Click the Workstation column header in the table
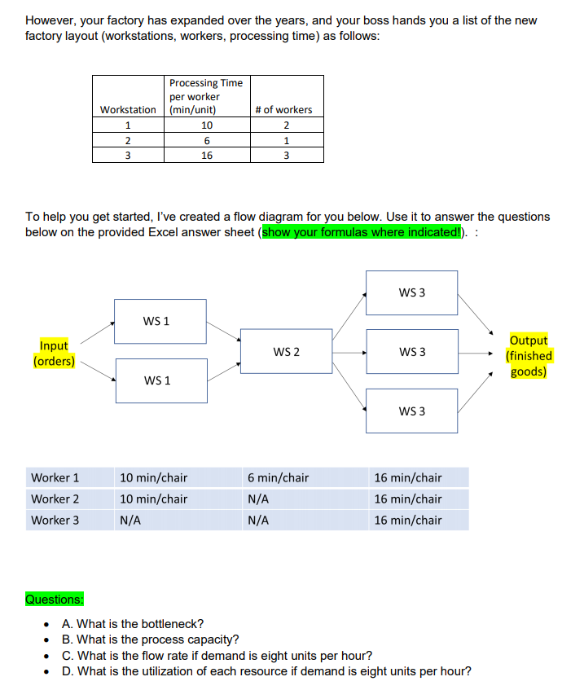tap(128, 109)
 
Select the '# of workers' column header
tap(283, 109)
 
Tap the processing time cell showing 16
tap(206, 155)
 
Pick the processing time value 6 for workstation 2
tap(206, 140)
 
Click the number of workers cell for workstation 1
tap(283, 125)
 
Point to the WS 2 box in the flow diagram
tap(286, 351)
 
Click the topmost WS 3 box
tap(411, 292)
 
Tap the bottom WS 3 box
tap(411, 411)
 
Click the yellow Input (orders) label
tap(54, 354)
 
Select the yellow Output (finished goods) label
tap(528, 356)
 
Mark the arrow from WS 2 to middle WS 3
tap(349, 352)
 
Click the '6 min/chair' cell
tap(278, 478)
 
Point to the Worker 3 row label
tap(55, 520)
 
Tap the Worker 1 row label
tap(55, 478)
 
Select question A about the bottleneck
tap(133, 624)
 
